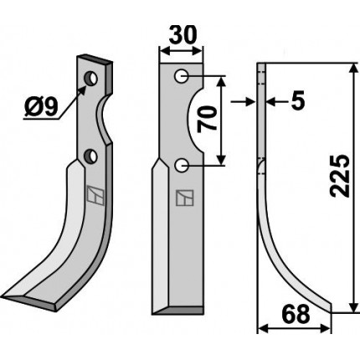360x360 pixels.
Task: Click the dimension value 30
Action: click(x=183, y=35)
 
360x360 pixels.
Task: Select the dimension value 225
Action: click(x=340, y=176)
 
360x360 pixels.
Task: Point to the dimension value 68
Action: click(x=296, y=313)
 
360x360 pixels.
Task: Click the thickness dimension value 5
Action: click(x=297, y=100)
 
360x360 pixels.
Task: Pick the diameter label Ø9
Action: click(x=41, y=108)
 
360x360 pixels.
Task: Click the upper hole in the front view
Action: click(x=181, y=76)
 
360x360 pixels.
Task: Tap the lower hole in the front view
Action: click(x=181, y=166)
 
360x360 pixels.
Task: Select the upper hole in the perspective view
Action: click(x=91, y=79)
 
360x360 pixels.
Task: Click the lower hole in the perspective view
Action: click(x=91, y=157)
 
